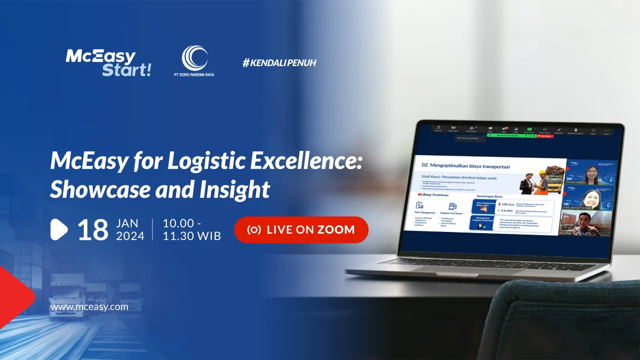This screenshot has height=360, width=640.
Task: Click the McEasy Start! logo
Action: point(108,63)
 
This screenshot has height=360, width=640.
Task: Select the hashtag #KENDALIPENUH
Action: point(279,63)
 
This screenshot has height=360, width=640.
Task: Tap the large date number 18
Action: point(93,230)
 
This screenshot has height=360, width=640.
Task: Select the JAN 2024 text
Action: point(130,229)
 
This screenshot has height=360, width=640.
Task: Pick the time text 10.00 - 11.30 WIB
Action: point(192,229)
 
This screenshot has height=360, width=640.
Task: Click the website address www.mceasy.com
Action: point(89,307)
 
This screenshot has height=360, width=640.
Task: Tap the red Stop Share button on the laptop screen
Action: point(546,136)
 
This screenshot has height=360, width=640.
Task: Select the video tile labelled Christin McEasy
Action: point(591,172)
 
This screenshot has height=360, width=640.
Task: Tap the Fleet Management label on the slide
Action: point(426,212)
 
